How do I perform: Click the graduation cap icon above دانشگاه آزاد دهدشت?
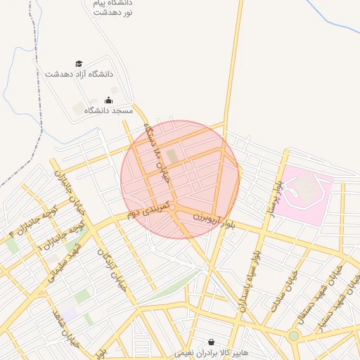[79, 63]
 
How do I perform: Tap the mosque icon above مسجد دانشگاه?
[108, 101]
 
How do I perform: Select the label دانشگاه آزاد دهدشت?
[79, 74]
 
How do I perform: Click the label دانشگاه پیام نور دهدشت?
[112, 8]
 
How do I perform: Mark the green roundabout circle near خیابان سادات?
[293, 336]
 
